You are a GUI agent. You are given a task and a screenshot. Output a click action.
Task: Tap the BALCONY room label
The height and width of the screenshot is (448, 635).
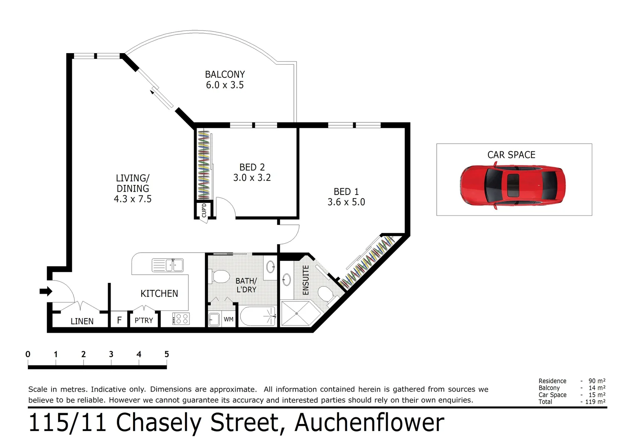(x=225, y=75)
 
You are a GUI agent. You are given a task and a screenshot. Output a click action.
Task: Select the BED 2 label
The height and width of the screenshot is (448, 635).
(x=252, y=167)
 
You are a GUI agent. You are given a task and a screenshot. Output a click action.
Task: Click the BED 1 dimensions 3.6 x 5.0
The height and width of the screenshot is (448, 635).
(x=346, y=202)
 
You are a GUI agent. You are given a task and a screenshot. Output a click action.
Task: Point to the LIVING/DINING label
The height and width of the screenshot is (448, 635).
(x=133, y=183)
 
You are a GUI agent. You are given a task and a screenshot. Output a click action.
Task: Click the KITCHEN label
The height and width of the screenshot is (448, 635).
(x=159, y=294)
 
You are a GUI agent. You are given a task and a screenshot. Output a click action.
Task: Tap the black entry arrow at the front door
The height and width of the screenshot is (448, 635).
(x=46, y=292)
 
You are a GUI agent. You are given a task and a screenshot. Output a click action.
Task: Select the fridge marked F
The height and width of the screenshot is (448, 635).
(x=119, y=320)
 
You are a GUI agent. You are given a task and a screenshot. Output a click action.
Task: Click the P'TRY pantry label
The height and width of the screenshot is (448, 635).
(x=144, y=320)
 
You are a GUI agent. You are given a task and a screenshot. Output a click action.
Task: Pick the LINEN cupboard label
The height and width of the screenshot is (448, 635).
(x=82, y=321)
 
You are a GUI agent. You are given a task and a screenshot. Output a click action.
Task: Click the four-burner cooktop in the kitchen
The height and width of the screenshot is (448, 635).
(x=181, y=319)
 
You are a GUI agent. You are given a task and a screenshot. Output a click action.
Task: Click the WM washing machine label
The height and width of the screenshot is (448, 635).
(x=229, y=319)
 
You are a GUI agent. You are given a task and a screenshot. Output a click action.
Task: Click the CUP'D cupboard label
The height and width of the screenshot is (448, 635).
(x=204, y=210)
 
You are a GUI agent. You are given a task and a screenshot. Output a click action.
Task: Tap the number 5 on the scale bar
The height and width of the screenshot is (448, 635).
(x=167, y=354)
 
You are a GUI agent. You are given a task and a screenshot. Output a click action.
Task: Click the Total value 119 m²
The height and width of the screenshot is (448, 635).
(x=594, y=402)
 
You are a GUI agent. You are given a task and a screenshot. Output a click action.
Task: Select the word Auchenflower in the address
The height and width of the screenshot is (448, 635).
(x=369, y=423)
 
